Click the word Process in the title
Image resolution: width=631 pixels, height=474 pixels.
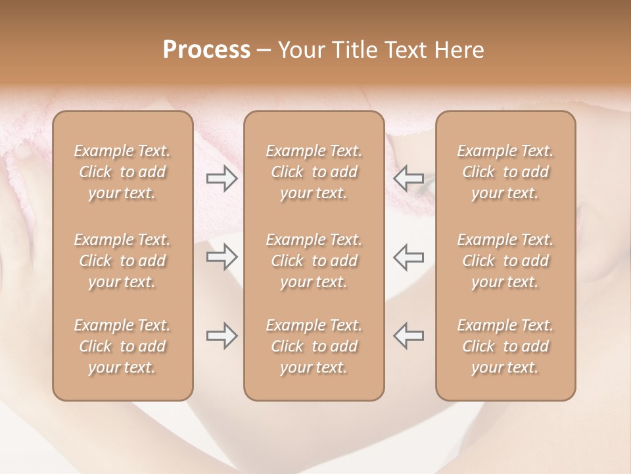click(x=206, y=50)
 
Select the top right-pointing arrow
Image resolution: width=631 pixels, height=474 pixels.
click(x=222, y=178)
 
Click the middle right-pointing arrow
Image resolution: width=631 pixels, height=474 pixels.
click(x=222, y=257)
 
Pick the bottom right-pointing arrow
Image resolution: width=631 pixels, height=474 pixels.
click(x=222, y=336)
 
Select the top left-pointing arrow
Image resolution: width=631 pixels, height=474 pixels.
click(x=408, y=178)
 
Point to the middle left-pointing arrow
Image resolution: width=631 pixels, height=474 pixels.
click(x=408, y=257)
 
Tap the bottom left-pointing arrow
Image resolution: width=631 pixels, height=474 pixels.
click(x=408, y=336)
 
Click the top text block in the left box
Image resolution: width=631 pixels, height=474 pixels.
click(x=122, y=172)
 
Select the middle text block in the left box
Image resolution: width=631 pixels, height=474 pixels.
click(x=122, y=261)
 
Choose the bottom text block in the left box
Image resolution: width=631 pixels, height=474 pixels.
click(x=122, y=346)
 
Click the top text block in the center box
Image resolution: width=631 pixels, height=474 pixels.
click(x=314, y=172)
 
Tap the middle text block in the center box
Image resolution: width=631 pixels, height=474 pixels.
click(x=314, y=261)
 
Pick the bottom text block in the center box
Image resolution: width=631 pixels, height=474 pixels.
click(x=314, y=346)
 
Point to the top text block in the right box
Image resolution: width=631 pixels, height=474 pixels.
click(x=505, y=172)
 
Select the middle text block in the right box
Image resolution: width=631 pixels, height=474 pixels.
click(x=505, y=261)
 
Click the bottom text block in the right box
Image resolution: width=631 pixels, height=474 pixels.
click(x=505, y=346)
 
